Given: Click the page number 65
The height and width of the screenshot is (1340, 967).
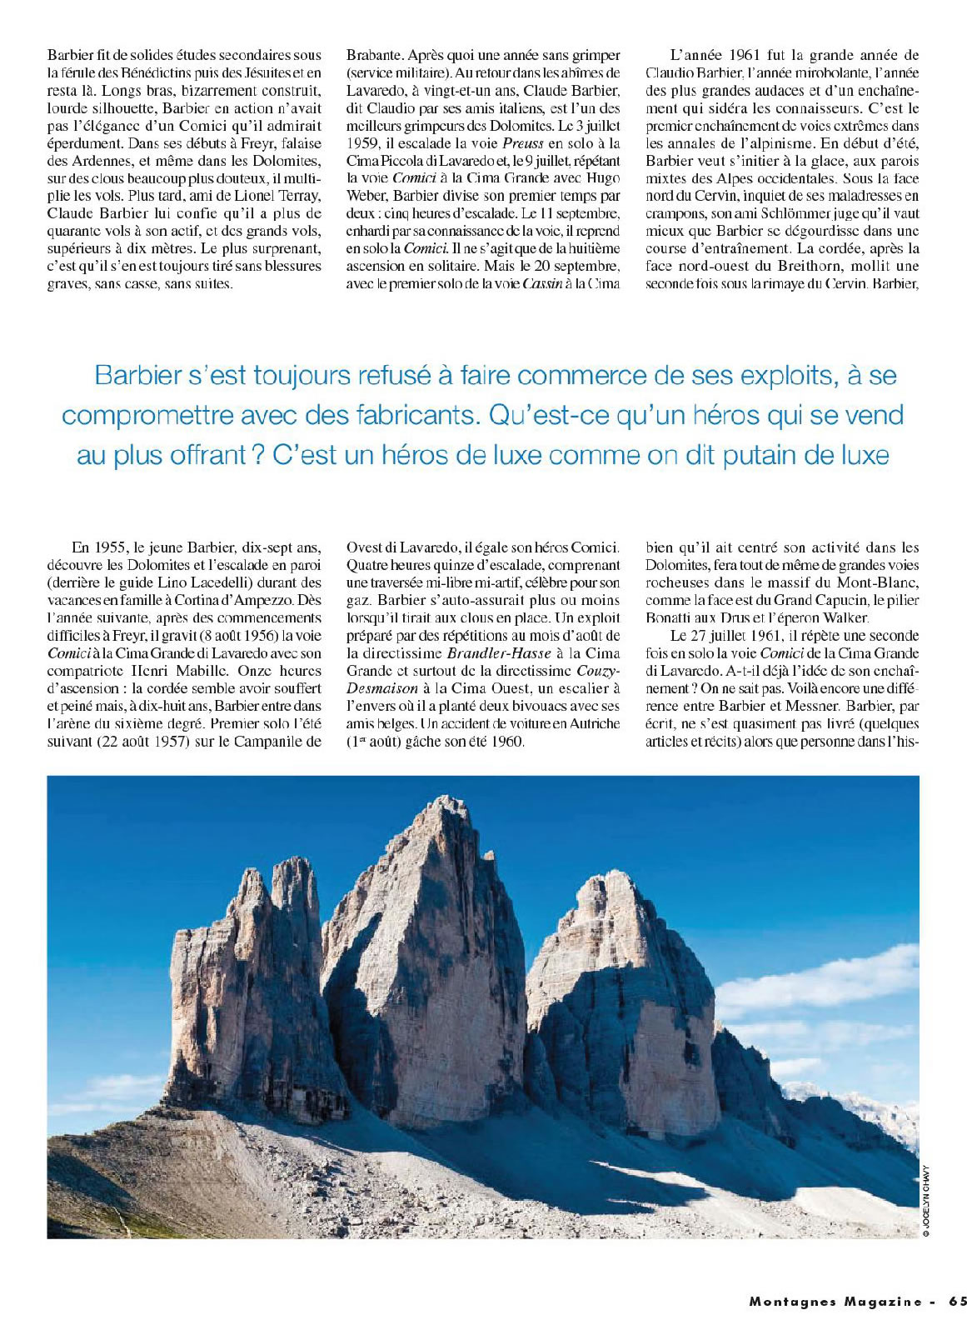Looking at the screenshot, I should click(957, 1301).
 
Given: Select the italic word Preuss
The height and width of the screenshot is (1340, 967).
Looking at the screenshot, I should click(524, 142).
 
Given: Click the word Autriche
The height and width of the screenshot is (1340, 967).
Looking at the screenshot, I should click(592, 722).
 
